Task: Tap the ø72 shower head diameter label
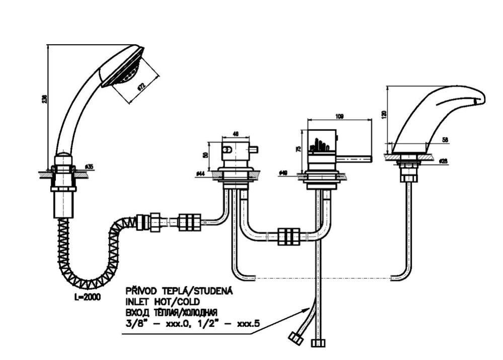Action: point(142,85)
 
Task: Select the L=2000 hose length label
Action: point(86,297)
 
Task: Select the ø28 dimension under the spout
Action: point(444,161)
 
